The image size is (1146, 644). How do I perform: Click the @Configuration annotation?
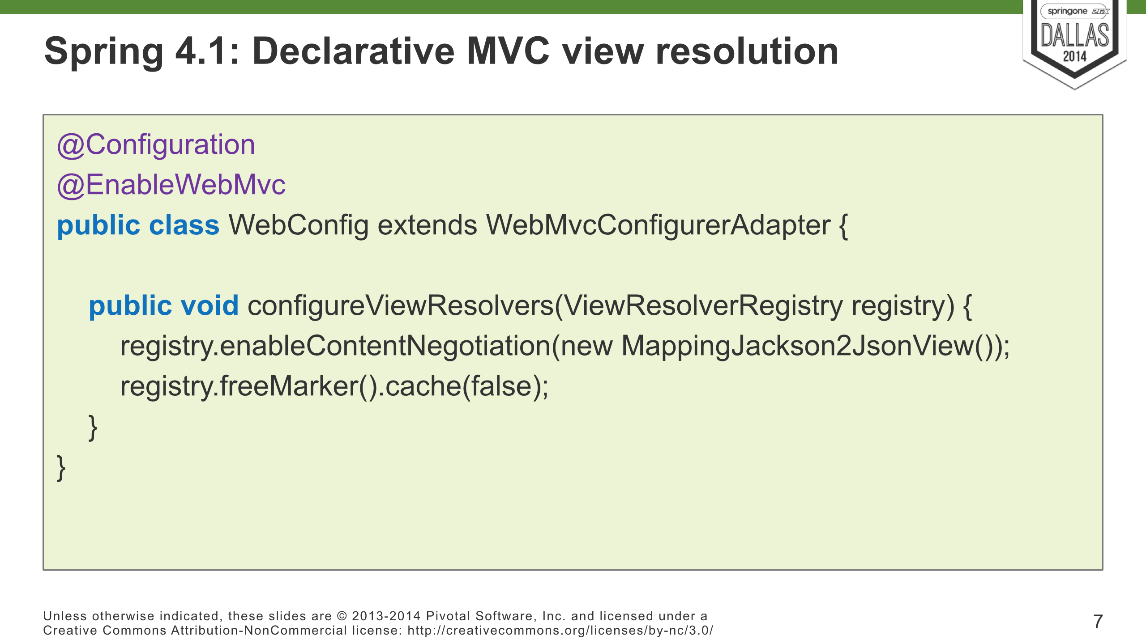pyautogui.click(x=156, y=145)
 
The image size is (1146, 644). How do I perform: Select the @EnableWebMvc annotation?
pyautogui.click(x=171, y=185)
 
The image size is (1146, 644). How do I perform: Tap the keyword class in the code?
pyautogui.click(x=184, y=225)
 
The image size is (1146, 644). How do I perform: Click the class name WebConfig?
pyautogui.click(x=299, y=225)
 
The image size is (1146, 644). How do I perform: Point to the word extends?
pyautogui.click(x=428, y=225)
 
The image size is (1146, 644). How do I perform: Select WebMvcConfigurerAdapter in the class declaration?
pyautogui.click(x=658, y=225)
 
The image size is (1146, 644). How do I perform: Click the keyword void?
pyautogui.click(x=210, y=306)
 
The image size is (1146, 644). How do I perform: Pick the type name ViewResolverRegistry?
pyautogui.click(x=703, y=306)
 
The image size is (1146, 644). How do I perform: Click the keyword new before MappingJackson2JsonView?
pyautogui.click(x=586, y=347)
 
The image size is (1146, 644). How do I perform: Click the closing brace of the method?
pyautogui.click(x=93, y=428)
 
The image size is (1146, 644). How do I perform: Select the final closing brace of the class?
pyautogui.click(x=61, y=468)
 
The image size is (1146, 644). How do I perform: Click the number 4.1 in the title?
pyautogui.click(x=202, y=51)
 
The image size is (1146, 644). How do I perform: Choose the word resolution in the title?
pyautogui.click(x=747, y=51)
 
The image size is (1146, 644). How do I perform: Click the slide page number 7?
pyautogui.click(x=1098, y=622)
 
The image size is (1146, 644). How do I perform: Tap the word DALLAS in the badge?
pyautogui.click(x=1075, y=36)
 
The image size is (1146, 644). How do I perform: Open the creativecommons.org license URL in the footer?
pyautogui.click(x=560, y=631)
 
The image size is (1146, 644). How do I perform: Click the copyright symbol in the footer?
pyautogui.click(x=342, y=616)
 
